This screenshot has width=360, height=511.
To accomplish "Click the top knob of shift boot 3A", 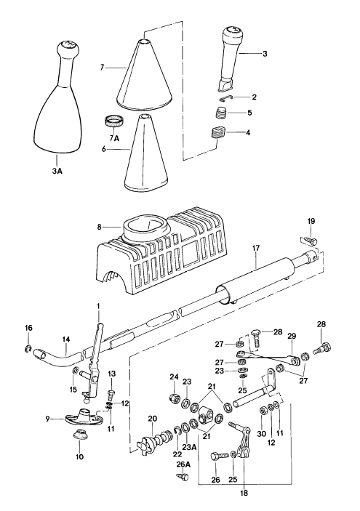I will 67,52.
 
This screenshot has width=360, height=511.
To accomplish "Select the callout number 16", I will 28,329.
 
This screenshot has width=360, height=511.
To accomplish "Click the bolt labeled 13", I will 111,394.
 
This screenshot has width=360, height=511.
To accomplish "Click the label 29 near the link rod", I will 290,337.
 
